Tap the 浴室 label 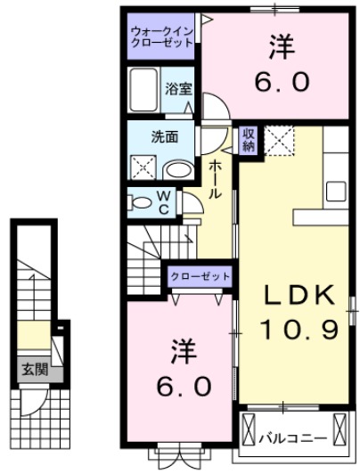coord(178,89)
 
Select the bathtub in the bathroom coord(143,90)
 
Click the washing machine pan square coord(143,168)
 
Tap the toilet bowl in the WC coord(142,203)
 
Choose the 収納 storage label coord(249,140)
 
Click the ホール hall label coord(215,179)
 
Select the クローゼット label coord(200,277)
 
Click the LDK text coord(297,297)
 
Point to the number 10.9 coord(297,331)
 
